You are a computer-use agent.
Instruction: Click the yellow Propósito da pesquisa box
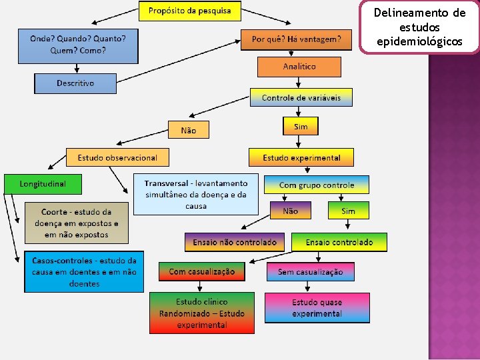tap(189, 11)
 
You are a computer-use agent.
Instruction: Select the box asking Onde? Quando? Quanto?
tap(77, 44)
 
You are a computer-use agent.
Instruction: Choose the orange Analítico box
tap(299, 67)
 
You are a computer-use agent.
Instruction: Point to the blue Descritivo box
tap(75, 83)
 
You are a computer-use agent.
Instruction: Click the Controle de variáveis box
tap(301, 97)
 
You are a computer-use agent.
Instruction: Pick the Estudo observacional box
tap(117, 157)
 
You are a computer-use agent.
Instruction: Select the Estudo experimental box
tap(301, 157)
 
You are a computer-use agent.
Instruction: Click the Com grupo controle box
tap(317, 185)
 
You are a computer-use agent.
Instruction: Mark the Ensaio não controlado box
tap(235, 242)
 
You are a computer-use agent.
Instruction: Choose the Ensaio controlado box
tap(339, 242)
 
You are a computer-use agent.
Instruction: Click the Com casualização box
tap(201, 271)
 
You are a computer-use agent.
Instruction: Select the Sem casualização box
tap(310, 271)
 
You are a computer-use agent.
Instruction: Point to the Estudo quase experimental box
tap(317, 308)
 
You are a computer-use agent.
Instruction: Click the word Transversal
tap(166, 183)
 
